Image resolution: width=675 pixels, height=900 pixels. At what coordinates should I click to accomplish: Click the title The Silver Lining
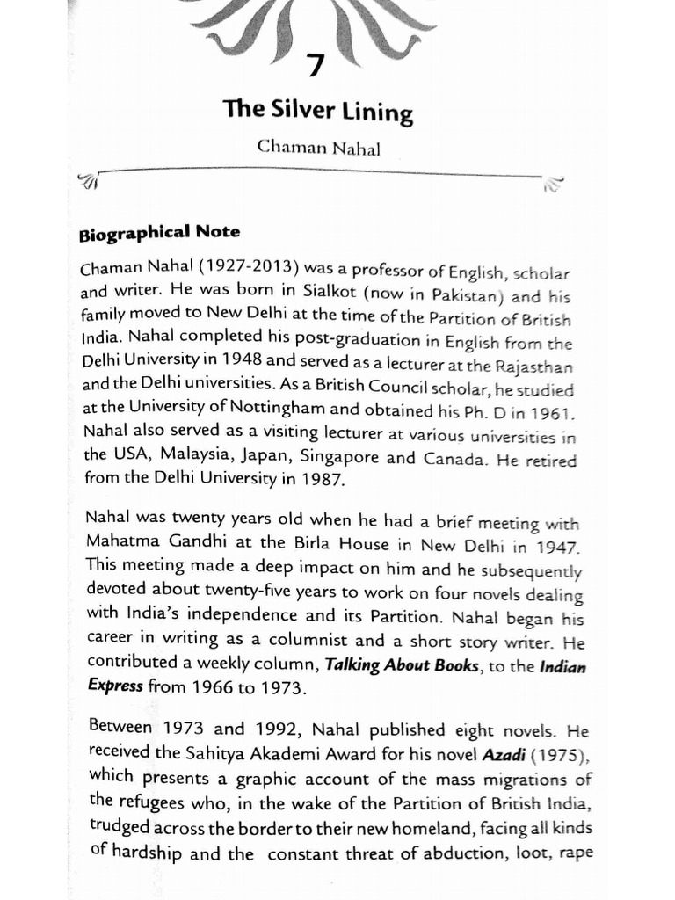317,112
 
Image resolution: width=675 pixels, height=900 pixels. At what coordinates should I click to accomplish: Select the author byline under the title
318,148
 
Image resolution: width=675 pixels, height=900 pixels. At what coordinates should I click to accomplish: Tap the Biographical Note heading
159,235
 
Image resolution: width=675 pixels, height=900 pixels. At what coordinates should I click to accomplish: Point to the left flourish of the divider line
90,182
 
